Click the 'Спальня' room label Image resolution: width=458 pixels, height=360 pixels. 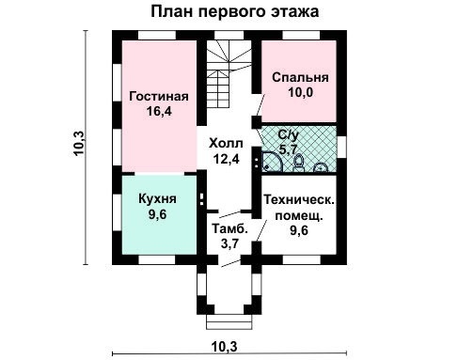(300, 77)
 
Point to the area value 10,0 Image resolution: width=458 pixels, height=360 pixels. (300, 93)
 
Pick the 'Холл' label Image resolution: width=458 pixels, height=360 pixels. (226, 144)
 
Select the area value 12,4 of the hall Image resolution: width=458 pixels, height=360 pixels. (226, 160)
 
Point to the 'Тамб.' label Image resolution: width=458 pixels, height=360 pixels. (230, 229)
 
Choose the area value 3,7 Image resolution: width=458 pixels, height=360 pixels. (229, 244)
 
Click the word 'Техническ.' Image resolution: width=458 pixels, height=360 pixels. (300, 199)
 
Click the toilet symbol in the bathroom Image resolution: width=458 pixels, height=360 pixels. (298, 162)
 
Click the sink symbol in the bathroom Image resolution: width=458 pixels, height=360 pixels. (320, 167)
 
